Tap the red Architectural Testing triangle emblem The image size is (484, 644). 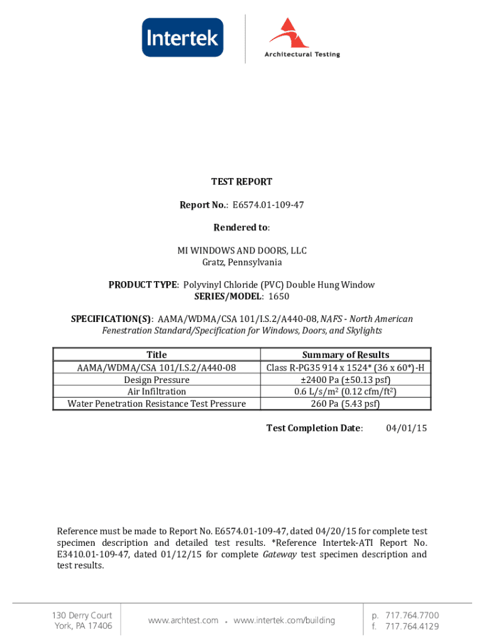tap(290, 33)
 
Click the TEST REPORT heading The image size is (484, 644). tap(241, 182)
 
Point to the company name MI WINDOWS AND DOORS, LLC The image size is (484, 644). tap(241, 251)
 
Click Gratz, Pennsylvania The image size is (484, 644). tap(241, 262)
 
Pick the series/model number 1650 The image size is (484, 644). tap(279, 296)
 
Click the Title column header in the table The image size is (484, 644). tap(157, 355)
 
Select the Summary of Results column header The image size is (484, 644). tap(345, 355)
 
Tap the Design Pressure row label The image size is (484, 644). tap(157, 380)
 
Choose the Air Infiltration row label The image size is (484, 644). tap(157, 392)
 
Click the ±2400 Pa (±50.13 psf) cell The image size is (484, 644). tap(345, 380)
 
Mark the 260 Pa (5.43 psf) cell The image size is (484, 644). tap(345, 404)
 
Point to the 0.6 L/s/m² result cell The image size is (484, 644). tap(345, 392)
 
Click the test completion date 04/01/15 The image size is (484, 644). tap(406, 428)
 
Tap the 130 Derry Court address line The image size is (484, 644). tap(83, 615)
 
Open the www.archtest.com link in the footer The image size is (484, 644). tap(183, 621)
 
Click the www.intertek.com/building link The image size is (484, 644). tap(284, 621)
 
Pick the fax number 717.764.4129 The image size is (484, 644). tap(412, 626)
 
